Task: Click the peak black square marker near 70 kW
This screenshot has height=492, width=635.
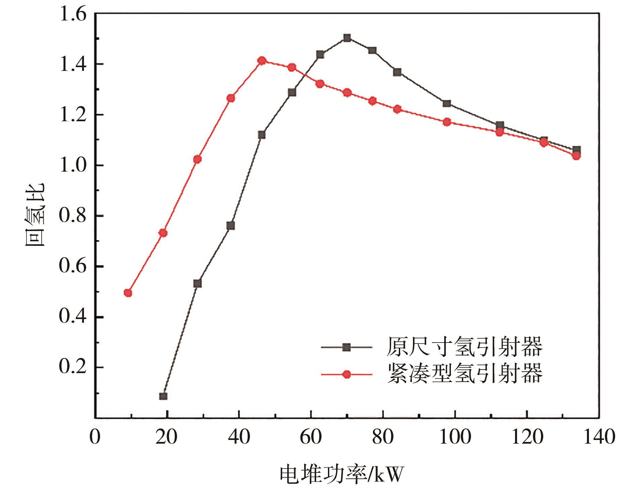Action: pyautogui.click(x=347, y=38)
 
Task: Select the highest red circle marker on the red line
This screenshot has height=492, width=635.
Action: pyautogui.click(x=262, y=61)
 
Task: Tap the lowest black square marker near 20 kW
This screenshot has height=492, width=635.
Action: pyautogui.click(x=163, y=396)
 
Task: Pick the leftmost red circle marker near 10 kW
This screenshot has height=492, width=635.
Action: pyautogui.click(x=128, y=293)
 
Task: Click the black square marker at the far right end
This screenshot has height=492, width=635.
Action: pyautogui.click(x=577, y=150)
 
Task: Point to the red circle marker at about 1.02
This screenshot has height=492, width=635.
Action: pyautogui.click(x=198, y=159)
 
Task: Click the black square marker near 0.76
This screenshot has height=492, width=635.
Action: pyautogui.click(x=230, y=226)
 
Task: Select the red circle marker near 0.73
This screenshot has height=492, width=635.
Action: pyautogui.click(x=163, y=233)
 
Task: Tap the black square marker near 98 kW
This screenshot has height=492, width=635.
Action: pyautogui.click(x=447, y=103)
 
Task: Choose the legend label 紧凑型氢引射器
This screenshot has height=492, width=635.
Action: pyautogui.click(x=465, y=374)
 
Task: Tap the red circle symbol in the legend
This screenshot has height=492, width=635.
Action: pyautogui.click(x=346, y=374)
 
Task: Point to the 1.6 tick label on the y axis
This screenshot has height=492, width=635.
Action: pyautogui.click(x=73, y=15)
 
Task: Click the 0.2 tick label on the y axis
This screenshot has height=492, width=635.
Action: pyautogui.click(x=73, y=367)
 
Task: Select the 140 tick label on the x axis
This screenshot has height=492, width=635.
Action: pyautogui.click(x=599, y=437)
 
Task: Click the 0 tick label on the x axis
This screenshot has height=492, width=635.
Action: pyautogui.click(x=95, y=437)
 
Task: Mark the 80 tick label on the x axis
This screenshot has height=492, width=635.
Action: pyautogui.click(x=383, y=437)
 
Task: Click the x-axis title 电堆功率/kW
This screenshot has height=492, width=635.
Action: pyautogui.click(x=341, y=475)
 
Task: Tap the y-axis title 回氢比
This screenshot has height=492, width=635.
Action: pyautogui.click(x=35, y=215)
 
